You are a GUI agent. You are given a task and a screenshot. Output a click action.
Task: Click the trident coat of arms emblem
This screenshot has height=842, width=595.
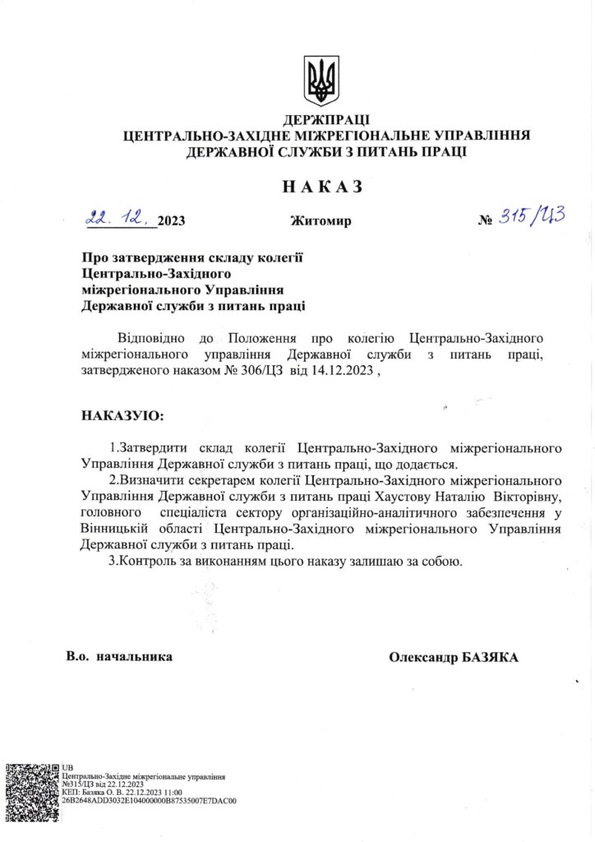[321, 80]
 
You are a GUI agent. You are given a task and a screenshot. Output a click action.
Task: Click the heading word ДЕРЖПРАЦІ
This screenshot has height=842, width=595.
[325, 121]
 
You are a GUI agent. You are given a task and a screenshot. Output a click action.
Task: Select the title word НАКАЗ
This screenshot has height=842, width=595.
[322, 187]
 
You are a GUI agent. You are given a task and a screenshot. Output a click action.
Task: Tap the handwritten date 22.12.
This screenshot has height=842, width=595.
[120, 218]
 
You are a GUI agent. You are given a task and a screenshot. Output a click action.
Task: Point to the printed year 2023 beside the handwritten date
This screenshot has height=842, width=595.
[171, 220]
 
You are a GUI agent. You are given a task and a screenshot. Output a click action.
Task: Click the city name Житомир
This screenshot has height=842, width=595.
[321, 220]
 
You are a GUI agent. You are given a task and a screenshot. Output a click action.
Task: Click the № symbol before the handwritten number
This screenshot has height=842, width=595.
[485, 220]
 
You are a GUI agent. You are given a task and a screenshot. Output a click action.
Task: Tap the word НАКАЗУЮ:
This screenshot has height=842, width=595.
[122, 415]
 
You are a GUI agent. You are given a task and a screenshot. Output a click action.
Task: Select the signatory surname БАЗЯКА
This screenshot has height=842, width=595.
[489, 657]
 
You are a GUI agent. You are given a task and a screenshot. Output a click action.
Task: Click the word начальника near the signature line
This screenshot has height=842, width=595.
[135, 657]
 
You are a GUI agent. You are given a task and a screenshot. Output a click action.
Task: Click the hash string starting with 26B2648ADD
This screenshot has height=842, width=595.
[149, 798]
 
